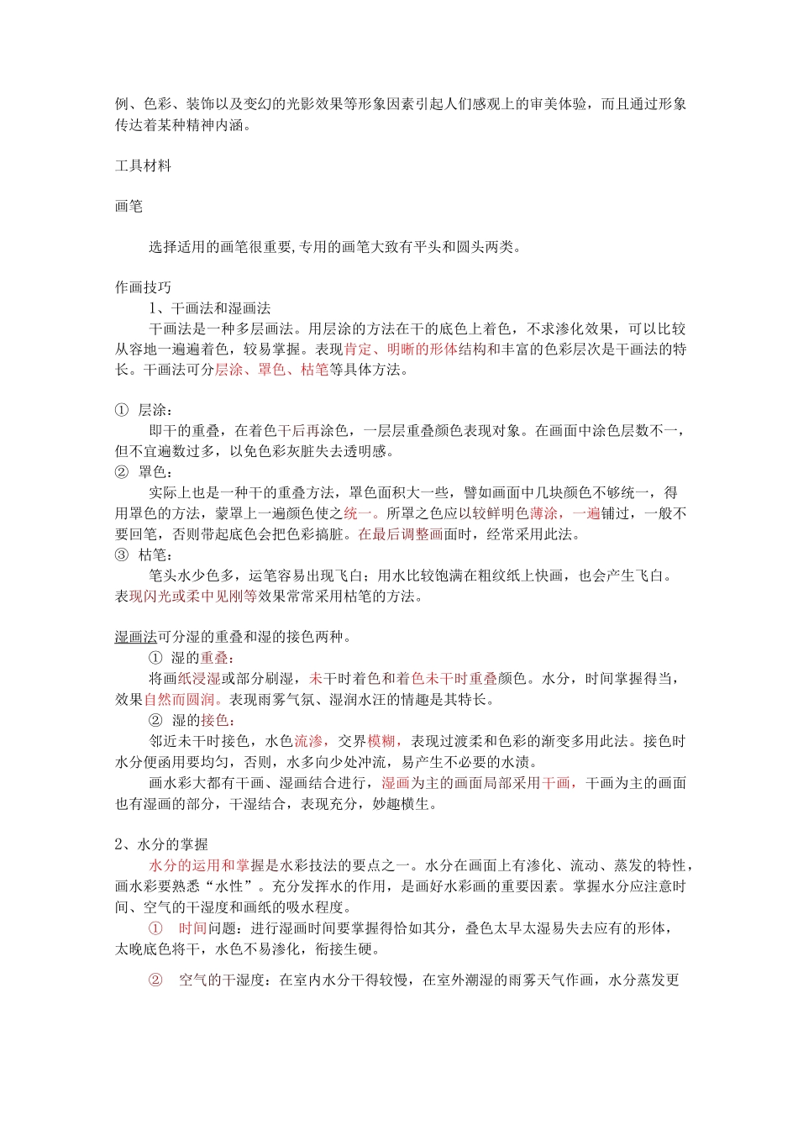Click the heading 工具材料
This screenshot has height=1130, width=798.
143,166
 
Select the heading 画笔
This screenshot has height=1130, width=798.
129,206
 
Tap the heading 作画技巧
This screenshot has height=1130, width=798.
143,287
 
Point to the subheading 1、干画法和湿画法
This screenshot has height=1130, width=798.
209,308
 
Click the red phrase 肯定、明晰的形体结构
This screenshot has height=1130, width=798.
415,350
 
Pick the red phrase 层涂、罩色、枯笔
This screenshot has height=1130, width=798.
271,370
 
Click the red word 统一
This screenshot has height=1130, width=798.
357,513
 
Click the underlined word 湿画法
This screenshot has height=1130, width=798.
136,637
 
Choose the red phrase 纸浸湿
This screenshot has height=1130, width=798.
199,679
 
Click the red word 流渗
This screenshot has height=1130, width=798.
307,741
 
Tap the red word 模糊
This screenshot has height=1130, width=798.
381,741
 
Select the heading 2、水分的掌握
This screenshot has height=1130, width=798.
161,844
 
